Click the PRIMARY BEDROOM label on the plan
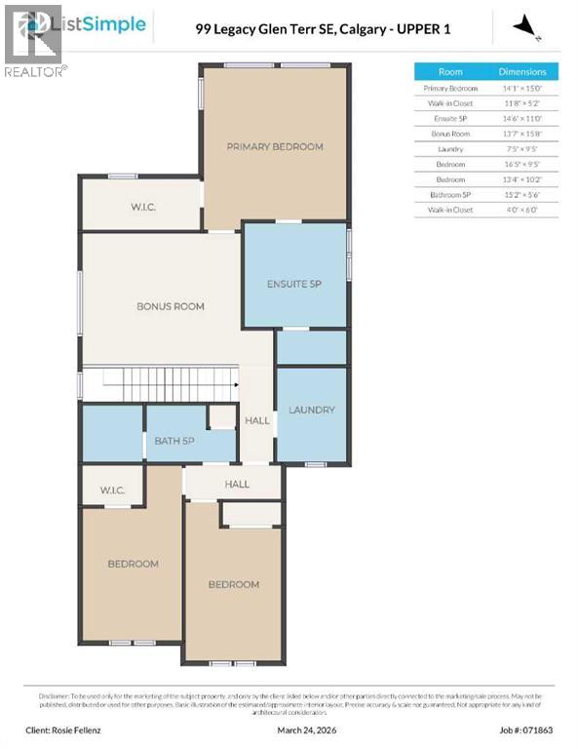click(x=274, y=146)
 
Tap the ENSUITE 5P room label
click(x=294, y=284)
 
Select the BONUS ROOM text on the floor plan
click(x=171, y=306)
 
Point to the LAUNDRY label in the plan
click(x=312, y=410)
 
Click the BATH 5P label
click(x=175, y=441)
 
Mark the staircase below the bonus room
click(x=161, y=382)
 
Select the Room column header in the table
click(x=450, y=71)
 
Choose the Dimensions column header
click(x=523, y=71)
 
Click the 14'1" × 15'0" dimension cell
click(x=523, y=88)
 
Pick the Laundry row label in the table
click(x=450, y=149)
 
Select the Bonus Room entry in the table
click(x=450, y=134)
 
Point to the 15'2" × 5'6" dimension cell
click(x=523, y=195)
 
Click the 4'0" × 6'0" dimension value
click(x=523, y=211)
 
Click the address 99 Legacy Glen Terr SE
click(x=263, y=29)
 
